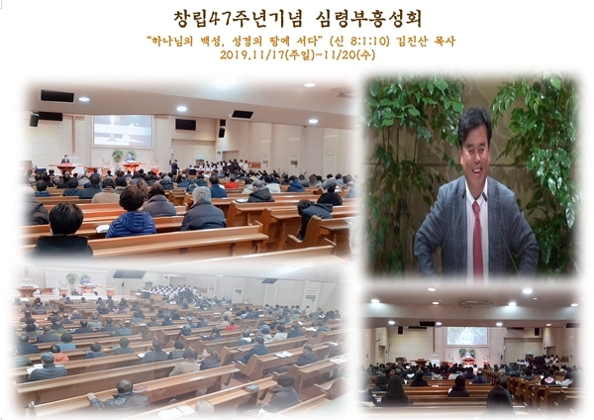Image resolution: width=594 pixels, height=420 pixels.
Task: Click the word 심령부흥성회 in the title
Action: (368, 19)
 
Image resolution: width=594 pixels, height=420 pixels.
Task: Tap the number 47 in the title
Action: (220, 19)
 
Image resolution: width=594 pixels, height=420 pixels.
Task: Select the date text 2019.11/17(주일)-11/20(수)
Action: (297, 54)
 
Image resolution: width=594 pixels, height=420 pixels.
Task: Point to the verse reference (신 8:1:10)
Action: (359, 41)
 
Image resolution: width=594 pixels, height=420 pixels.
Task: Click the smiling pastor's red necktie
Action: (477, 240)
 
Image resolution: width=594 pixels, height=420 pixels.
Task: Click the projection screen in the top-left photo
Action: (123, 131)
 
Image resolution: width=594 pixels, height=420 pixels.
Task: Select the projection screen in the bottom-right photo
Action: (467, 336)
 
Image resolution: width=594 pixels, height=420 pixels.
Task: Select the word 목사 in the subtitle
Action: (445, 41)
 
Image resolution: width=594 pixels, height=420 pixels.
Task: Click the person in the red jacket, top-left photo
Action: (232, 183)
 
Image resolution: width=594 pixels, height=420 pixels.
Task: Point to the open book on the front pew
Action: (102, 228)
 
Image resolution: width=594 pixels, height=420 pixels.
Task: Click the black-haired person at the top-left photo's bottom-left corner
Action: (63, 230)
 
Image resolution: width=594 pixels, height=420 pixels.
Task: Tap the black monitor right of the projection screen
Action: (186, 125)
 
